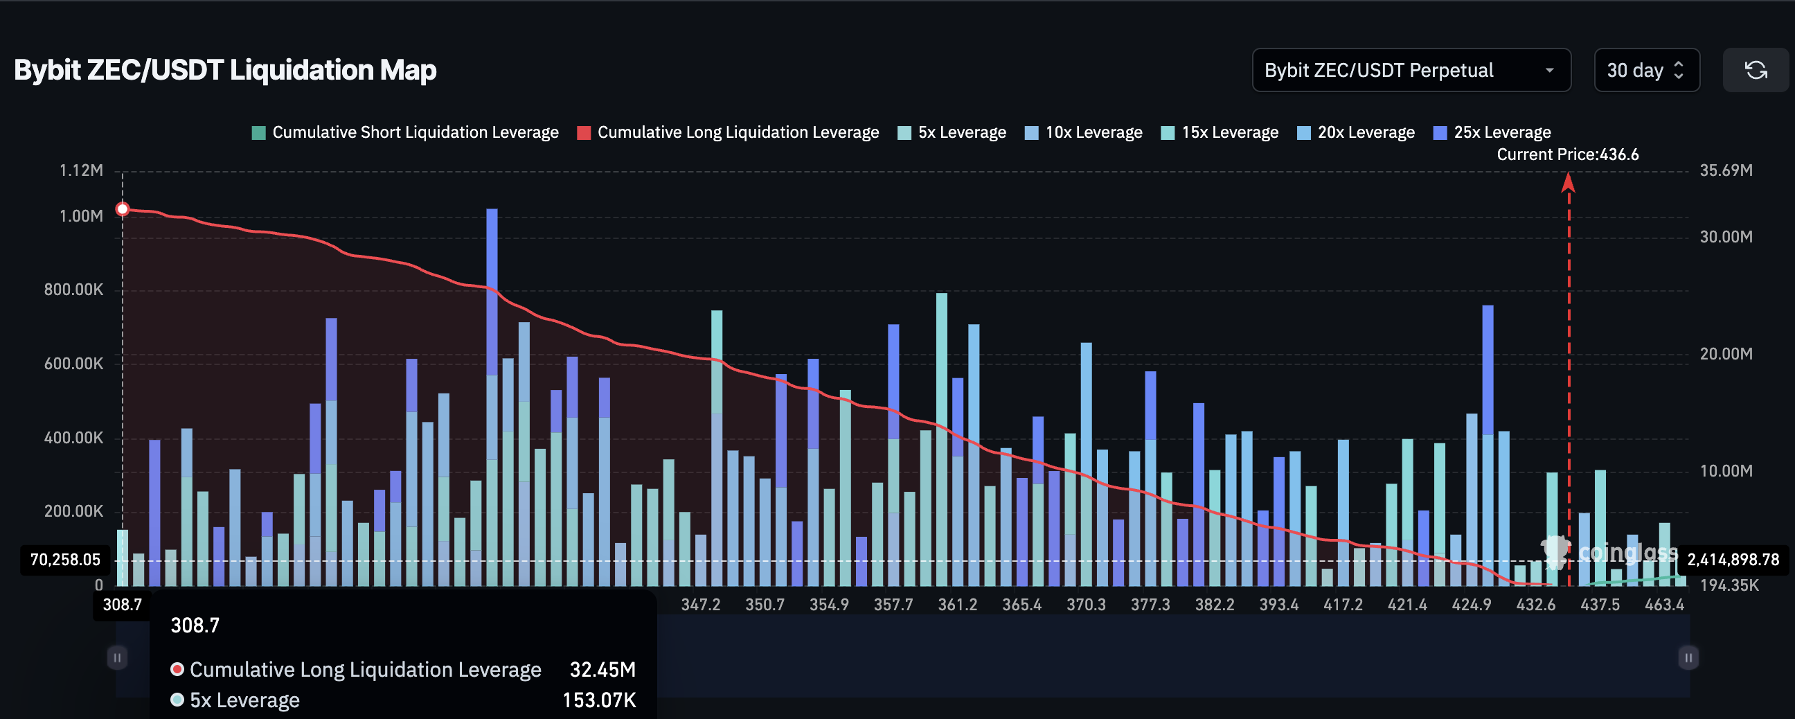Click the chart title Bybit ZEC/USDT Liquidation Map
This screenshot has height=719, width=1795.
pos(225,71)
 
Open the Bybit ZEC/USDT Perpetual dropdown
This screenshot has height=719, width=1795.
pos(1411,71)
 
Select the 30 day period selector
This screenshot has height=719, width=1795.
pos(1646,71)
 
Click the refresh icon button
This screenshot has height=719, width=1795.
pos(1755,71)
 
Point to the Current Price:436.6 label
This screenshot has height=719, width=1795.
pos(1567,154)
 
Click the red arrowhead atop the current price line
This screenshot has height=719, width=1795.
pos(1568,183)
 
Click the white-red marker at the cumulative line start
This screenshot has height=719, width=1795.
pos(123,209)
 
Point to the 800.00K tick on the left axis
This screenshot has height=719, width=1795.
pos(73,290)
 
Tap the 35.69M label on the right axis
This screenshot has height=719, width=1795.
pos(1725,170)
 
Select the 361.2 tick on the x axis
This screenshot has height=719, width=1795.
pos(958,604)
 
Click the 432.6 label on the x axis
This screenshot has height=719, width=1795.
pos(1535,604)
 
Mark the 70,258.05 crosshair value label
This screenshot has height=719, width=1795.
pos(65,560)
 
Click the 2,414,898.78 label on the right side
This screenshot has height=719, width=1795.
pos(1732,560)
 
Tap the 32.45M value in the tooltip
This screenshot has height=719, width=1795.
pos(602,670)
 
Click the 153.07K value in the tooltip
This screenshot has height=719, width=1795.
pos(598,700)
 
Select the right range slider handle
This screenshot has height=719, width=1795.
pos(1688,657)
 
